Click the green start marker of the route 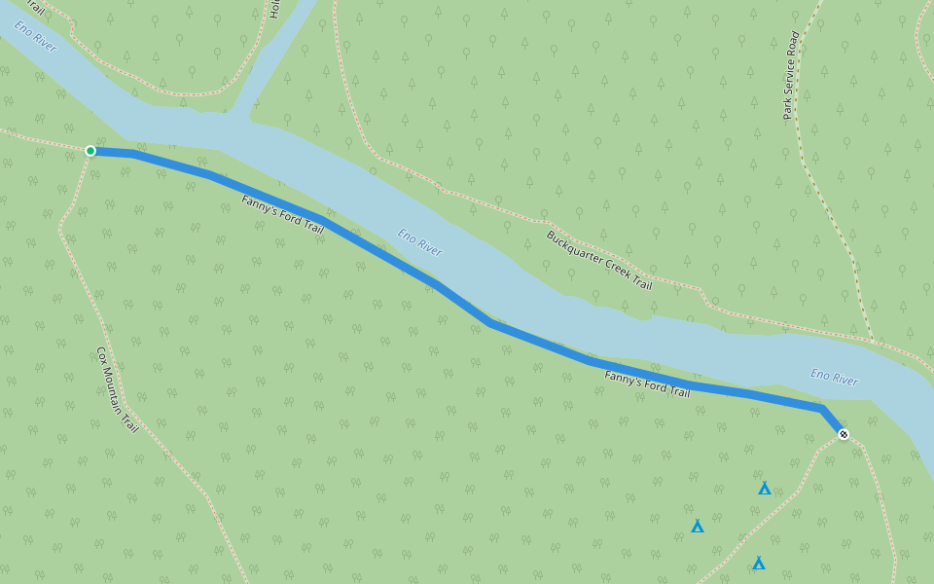[90, 151]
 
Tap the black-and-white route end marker [843, 434]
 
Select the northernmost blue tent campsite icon [765, 489]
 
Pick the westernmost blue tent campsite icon [698, 527]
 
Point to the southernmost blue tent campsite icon [758, 564]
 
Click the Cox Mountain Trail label [117, 389]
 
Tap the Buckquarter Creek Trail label [598, 260]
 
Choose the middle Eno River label [419, 242]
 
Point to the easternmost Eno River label [834, 378]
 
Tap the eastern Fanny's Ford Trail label [647, 384]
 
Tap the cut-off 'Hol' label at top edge [274, 9]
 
